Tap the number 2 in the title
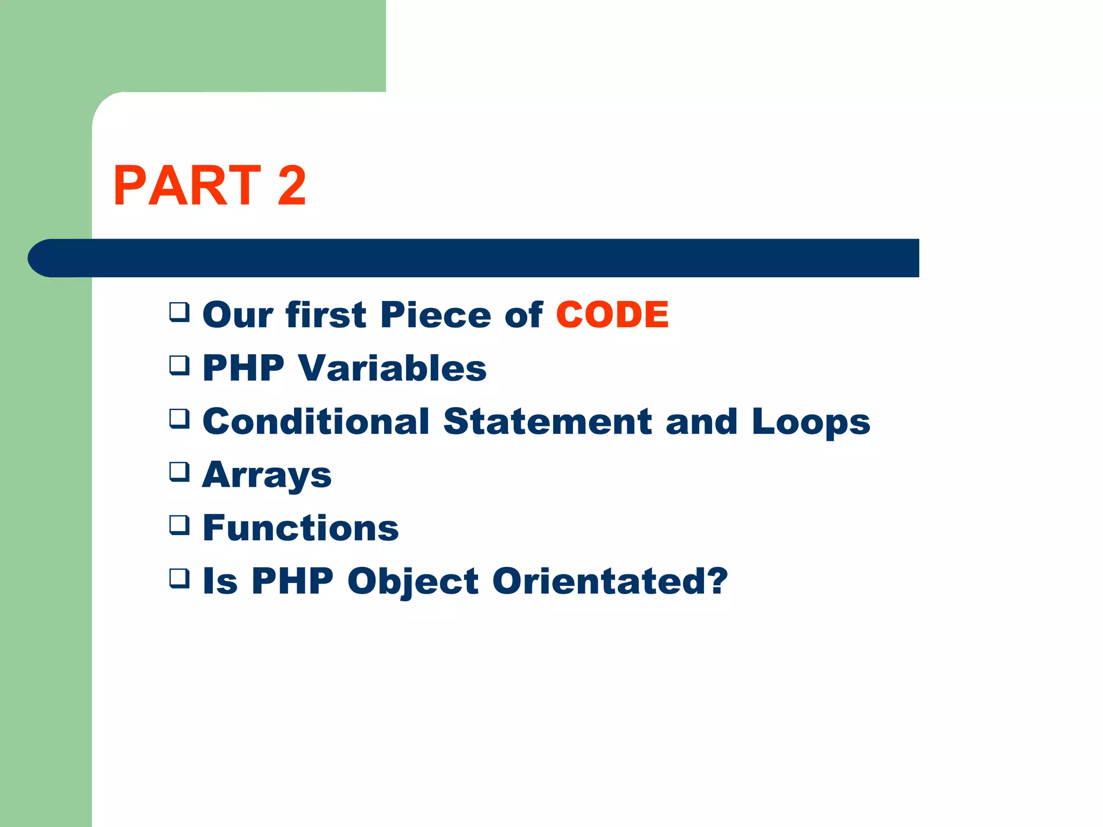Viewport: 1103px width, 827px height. tap(291, 186)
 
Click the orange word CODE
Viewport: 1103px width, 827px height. tap(612, 314)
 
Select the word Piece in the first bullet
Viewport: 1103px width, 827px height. tap(435, 314)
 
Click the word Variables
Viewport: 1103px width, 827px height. tap(392, 368)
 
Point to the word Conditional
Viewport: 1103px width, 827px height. tap(316, 422)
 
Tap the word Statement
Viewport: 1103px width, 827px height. tap(548, 422)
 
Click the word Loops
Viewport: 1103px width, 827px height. tap(811, 423)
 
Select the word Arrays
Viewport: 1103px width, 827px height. tap(267, 476)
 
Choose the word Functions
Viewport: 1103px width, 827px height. tap(301, 528)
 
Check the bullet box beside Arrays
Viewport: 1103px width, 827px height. tap(179, 472)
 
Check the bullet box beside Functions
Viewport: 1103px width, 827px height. tap(179, 525)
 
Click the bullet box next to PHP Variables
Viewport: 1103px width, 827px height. tap(179, 365)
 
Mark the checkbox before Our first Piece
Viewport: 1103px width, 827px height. tap(179, 312)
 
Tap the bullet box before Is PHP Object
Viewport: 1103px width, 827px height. tap(179, 578)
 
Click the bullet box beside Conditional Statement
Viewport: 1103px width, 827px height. tap(179, 418)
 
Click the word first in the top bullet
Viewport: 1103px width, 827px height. tap(326, 314)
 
